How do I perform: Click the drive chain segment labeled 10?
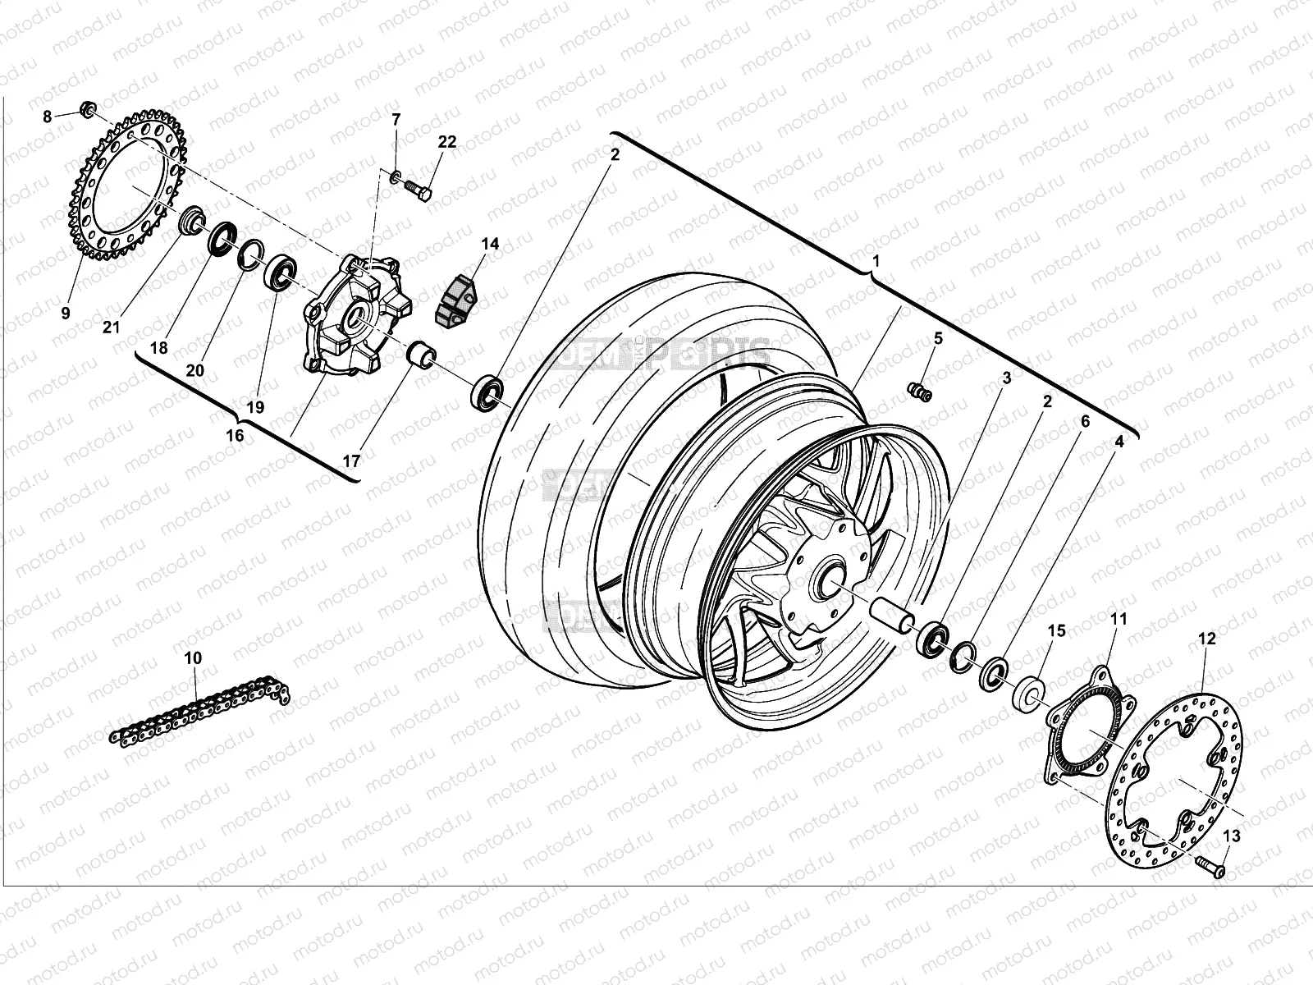coord(197,710)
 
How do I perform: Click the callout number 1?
coord(876,262)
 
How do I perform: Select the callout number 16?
coord(235,435)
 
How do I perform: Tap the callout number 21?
coord(112,328)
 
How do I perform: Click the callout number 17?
coord(351,460)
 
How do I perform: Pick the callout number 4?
coord(1119,441)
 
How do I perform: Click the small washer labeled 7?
coord(396,175)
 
